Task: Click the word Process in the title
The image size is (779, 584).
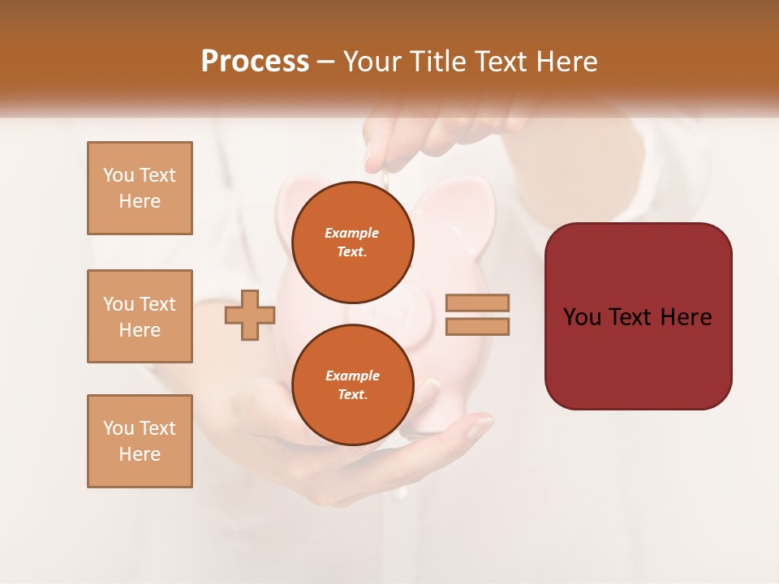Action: (x=255, y=62)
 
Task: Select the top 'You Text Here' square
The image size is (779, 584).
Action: (x=140, y=188)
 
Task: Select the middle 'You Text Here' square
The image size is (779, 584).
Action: (x=140, y=316)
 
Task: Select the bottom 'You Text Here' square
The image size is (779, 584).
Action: (x=140, y=441)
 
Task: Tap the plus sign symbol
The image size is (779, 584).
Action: (x=249, y=316)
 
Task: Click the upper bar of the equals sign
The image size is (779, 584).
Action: (x=477, y=303)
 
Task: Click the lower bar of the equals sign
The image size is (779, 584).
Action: (x=477, y=327)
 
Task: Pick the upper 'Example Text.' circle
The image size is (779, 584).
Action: (x=352, y=242)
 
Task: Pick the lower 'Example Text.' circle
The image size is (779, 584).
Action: (x=352, y=384)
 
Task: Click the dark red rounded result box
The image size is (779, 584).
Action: (x=638, y=357)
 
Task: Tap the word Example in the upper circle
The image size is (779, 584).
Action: (x=352, y=233)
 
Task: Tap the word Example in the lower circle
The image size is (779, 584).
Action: (x=352, y=376)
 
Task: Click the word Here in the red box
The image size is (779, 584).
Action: (x=686, y=317)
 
